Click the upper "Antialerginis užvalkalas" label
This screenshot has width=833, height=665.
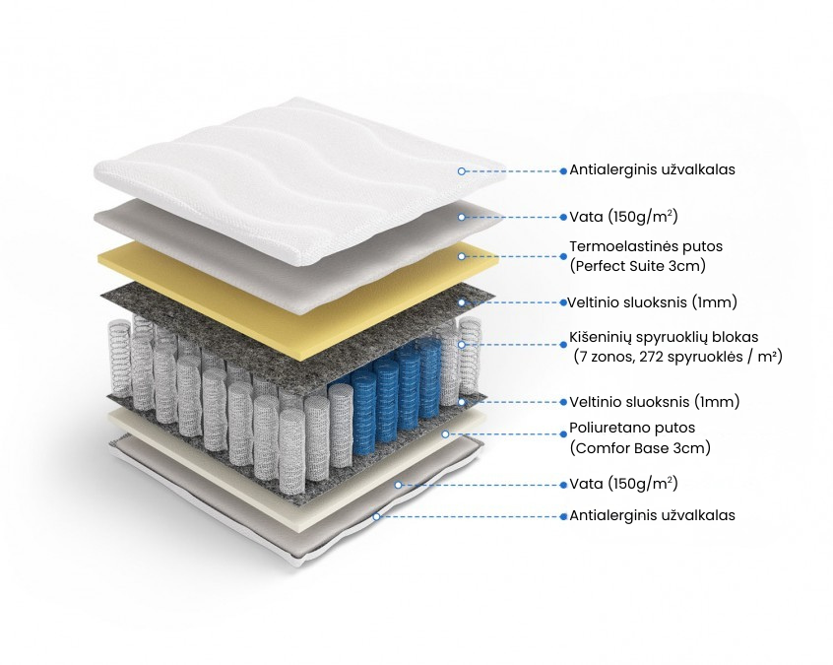click(653, 170)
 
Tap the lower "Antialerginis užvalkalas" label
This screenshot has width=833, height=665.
click(653, 515)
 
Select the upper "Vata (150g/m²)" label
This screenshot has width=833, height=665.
click(623, 217)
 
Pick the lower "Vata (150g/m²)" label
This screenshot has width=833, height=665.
click(623, 484)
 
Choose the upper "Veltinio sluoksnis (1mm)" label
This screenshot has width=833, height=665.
click(653, 302)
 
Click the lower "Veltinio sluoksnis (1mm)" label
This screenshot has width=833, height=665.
click(655, 401)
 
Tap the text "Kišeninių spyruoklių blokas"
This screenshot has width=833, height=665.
click(664, 338)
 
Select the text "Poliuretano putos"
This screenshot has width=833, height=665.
click(632, 428)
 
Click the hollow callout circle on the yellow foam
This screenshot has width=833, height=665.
click(462, 256)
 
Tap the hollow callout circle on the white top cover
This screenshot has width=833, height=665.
click(462, 171)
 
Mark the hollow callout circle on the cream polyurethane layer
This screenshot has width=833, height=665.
click(446, 434)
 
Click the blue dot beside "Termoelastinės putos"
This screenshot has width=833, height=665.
click(563, 256)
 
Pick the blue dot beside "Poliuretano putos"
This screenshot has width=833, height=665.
click(563, 434)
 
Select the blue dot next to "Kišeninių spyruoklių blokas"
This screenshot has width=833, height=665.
click(563, 345)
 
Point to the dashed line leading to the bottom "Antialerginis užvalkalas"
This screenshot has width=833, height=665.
click(470, 516)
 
